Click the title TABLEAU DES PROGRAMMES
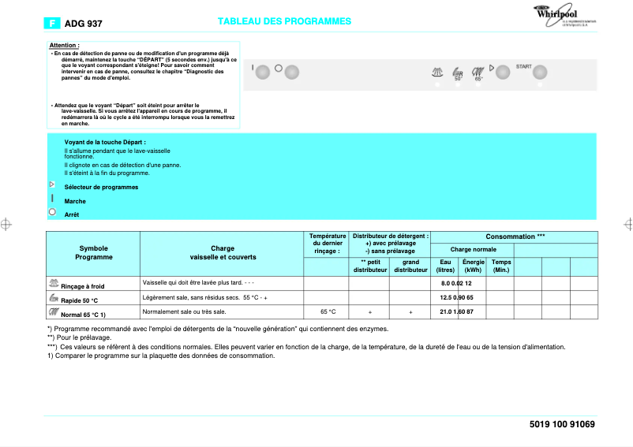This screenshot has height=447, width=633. click(284, 21)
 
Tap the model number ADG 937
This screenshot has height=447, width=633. click(83, 24)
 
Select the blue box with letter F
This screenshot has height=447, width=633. click(53, 24)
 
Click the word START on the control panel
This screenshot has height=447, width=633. click(523, 66)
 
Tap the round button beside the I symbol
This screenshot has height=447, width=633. click(263, 71)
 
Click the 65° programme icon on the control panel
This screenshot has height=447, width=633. click(478, 73)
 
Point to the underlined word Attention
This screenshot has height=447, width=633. click(64, 45)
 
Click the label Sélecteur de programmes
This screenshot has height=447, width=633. click(101, 187)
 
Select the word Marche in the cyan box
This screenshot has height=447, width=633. click(75, 201)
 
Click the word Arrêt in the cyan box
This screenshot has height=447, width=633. click(72, 214)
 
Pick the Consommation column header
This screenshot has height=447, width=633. click(515, 237)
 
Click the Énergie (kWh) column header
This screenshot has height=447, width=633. click(473, 266)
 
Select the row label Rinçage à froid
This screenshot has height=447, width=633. click(83, 286)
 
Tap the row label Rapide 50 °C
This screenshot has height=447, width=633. click(79, 300)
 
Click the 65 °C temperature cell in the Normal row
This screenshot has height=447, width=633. click(328, 312)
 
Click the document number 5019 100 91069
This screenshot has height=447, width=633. click(562, 424)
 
